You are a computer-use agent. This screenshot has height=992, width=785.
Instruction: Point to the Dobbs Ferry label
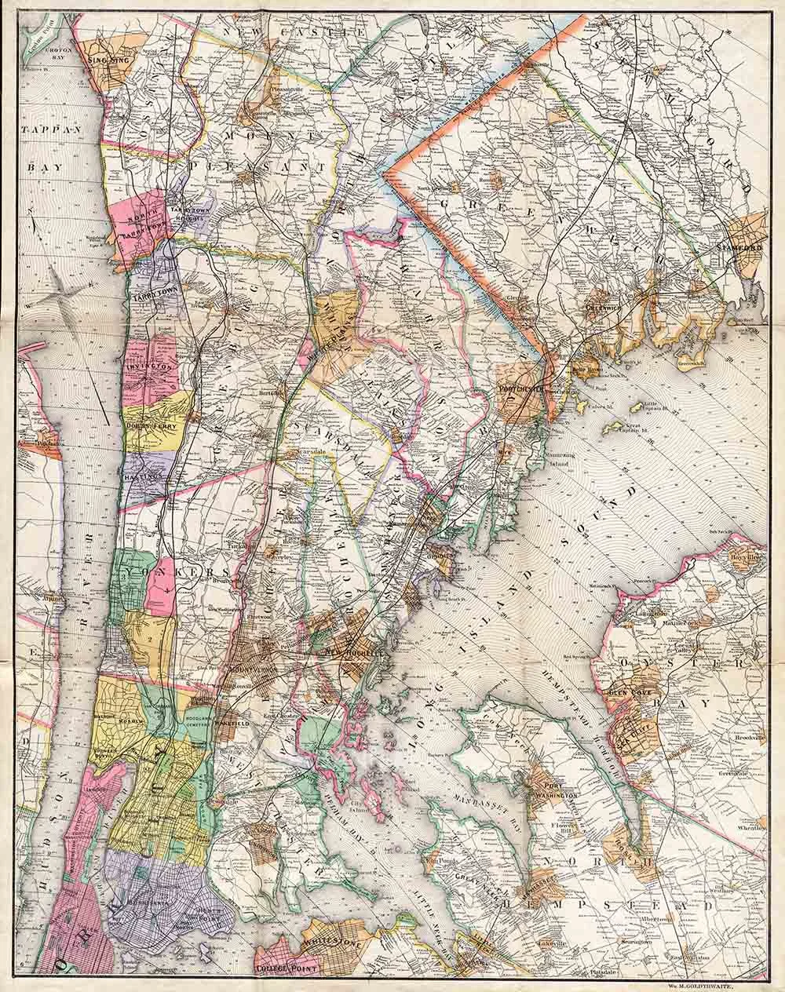click(154, 426)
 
